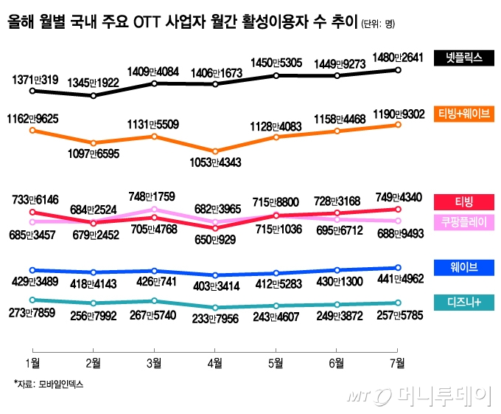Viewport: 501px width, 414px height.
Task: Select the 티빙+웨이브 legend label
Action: click(x=463, y=114)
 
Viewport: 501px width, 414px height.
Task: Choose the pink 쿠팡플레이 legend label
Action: click(x=463, y=221)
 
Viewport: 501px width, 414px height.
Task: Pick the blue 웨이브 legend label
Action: click(x=463, y=266)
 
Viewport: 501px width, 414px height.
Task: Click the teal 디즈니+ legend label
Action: click(x=463, y=302)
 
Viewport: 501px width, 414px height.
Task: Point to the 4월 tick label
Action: click(x=214, y=362)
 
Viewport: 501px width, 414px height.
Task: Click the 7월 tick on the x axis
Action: click(x=396, y=362)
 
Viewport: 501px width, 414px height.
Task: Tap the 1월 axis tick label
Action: click(x=32, y=362)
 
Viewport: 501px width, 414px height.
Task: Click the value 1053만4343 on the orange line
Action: click(x=214, y=163)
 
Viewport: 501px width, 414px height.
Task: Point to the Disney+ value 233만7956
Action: click(x=214, y=319)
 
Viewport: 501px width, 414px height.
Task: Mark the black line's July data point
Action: click(x=398, y=70)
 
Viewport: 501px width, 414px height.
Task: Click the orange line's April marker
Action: click(x=214, y=151)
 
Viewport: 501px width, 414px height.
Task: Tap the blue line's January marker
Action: click(x=32, y=270)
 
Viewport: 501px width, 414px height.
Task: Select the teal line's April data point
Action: click(x=214, y=308)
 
